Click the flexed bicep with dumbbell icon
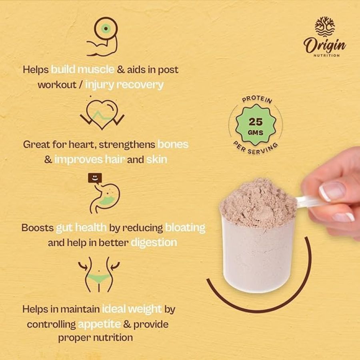pos(102,37)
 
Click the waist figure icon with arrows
pos(99,274)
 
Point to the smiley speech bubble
pos(95,178)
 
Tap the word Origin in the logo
pos(325,45)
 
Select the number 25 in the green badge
pos(256,122)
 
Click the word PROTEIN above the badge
pos(257,99)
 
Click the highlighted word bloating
pos(185,228)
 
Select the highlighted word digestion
pos(154,243)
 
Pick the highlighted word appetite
pos(99,324)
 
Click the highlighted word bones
pos(173,144)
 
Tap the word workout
pos(57,85)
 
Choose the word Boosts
pos(38,228)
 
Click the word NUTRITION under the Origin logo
pos(326,55)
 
